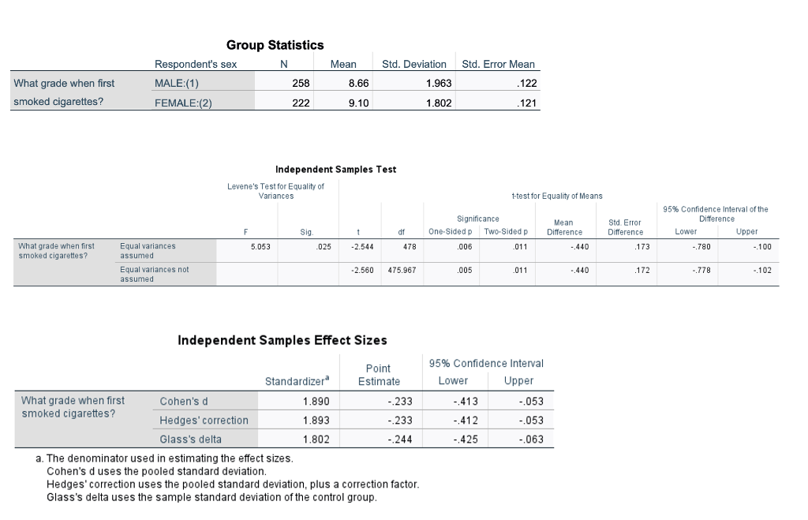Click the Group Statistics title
[275, 45]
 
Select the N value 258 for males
[301, 83]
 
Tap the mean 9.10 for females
[358, 102]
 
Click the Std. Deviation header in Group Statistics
[414, 64]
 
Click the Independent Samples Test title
[335, 169]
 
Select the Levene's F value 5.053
[260, 246]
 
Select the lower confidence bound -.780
[688, 246]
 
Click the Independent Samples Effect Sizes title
[282, 340]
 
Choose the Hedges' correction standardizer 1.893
[316, 420]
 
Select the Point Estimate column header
[379, 375]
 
